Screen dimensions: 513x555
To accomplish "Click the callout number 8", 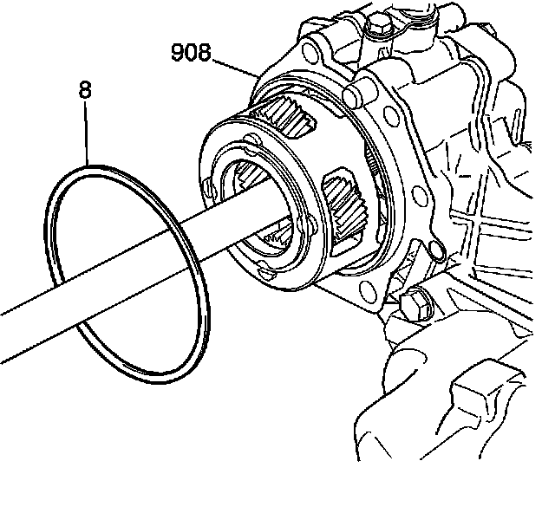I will (85, 88).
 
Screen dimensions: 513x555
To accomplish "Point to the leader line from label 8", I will (88, 130).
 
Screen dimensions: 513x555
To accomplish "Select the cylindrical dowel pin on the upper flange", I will (353, 91).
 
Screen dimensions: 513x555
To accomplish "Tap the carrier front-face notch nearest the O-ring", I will (206, 185).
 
